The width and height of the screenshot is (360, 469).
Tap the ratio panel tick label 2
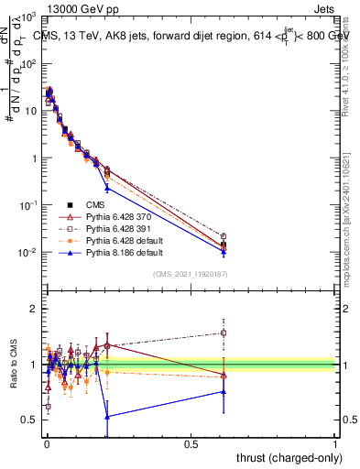[34, 310]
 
